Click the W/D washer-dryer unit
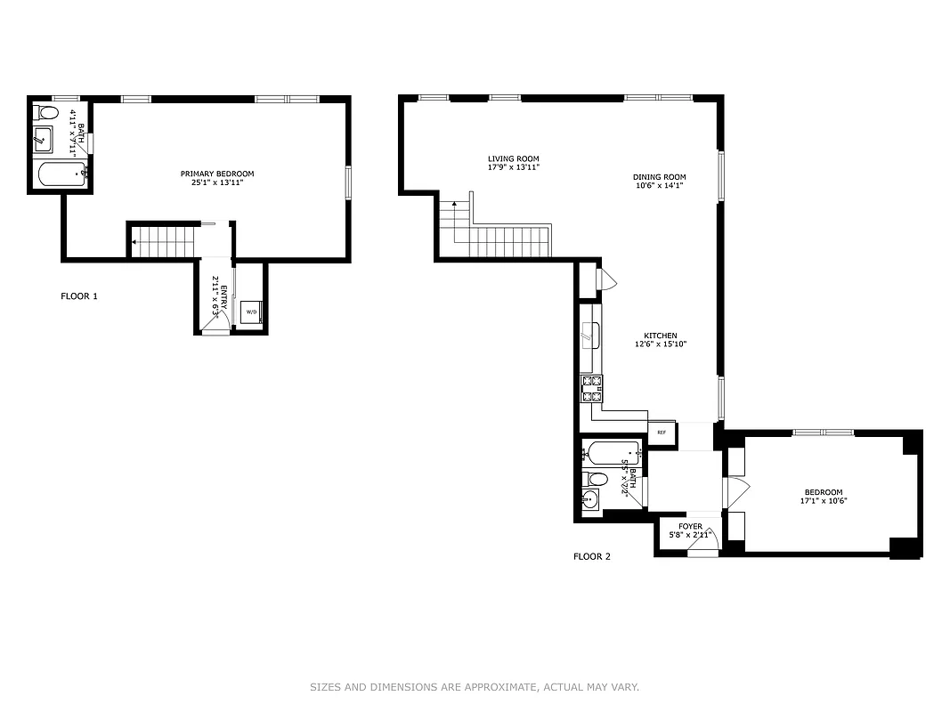(251, 311)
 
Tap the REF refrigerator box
(662, 433)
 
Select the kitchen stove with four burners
(593, 389)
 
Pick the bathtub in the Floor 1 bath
(60, 173)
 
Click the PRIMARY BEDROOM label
(217, 174)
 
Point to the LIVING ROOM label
(513, 158)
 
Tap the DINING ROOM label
(660, 176)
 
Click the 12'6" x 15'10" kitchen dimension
(661, 344)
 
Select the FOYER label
(691, 526)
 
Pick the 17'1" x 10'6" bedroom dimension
(824, 501)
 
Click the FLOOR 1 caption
(79, 295)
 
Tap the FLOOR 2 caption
(592, 556)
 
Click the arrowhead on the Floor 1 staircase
(134, 240)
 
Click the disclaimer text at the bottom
(475, 687)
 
